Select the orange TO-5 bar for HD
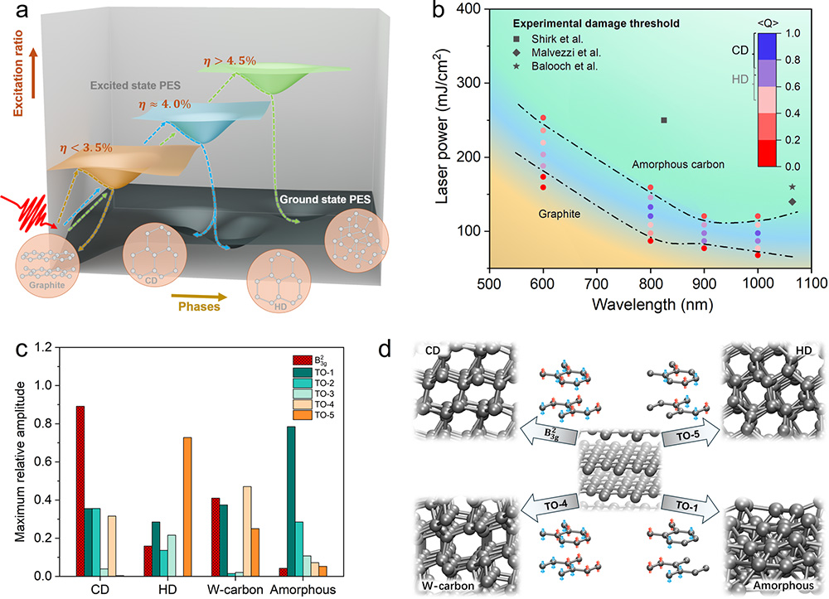[187, 506]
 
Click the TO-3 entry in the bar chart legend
[331, 393]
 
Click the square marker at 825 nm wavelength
[664, 120]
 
